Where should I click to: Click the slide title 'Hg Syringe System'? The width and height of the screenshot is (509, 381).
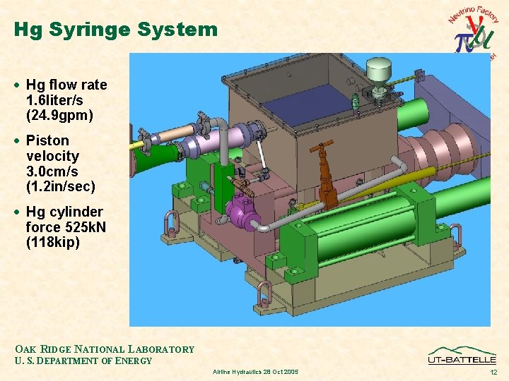pyautogui.click(x=115, y=30)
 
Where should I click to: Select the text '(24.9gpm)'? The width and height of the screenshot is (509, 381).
pyautogui.click(x=60, y=115)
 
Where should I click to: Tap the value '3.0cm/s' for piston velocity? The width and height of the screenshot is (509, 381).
pyautogui.click(x=52, y=171)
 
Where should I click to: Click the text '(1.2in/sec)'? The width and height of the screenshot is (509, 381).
pyautogui.click(x=60, y=186)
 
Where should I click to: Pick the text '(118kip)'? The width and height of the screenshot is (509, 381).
pyautogui.click(x=53, y=243)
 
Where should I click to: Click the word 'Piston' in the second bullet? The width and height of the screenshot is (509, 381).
pyautogui.click(x=47, y=140)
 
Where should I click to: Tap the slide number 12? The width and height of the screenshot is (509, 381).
pyautogui.click(x=493, y=371)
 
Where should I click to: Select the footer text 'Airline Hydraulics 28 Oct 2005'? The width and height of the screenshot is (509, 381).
pyautogui.click(x=255, y=371)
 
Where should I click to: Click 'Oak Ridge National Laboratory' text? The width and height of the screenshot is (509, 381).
pyautogui.click(x=105, y=349)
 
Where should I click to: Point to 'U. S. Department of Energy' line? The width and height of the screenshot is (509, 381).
pyautogui.click(x=83, y=361)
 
